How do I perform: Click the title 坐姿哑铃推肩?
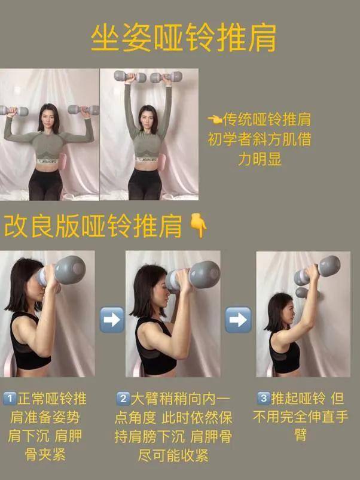[184, 38]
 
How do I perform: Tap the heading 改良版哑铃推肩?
[93, 226]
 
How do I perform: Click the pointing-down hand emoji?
[198, 226]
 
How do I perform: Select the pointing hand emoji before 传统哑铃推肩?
[215, 119]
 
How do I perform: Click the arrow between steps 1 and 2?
[112, 320]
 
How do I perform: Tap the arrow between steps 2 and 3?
[238, 320]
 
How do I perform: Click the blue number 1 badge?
[10, 399]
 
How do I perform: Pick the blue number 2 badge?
[123, 399]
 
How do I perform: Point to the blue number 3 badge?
[264, 398]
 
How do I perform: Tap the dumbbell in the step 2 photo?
[193, 276]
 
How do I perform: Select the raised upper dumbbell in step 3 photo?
[317, 269]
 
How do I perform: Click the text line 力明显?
[260, 159]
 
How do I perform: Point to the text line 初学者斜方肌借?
[260, 139]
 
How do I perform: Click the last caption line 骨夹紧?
[45, 455]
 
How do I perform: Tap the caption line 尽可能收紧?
[173, 455]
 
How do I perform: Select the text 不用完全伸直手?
[301, 417]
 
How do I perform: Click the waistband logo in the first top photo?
[47, 161]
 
